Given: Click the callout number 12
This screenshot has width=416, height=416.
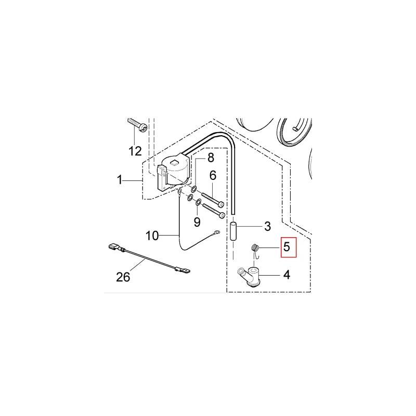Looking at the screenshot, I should pyautogui.click(x=135, y=151).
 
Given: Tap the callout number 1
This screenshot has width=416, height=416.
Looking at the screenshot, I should pyautogui.click(x=120, y=180).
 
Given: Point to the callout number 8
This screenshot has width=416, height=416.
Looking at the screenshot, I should pyautogui.click(x=211, y=157).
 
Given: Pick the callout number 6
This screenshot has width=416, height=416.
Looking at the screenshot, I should pyautogui.click(x=213, y=176).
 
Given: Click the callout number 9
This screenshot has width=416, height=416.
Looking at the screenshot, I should pyautogui.click(x=197, y=222).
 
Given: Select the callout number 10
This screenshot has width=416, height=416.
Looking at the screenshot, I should pyautogui.click(x=152, y=236).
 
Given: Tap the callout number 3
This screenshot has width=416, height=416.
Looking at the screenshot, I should pyautogui.click(x=267, y=227).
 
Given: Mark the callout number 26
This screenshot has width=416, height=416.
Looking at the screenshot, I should pyautogui.click(x=123, y=277).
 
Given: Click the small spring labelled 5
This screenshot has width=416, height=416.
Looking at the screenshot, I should pyautogui.click(x=255, y=249).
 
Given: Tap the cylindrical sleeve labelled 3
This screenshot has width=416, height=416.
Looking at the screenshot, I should pyautogui.click(x=233, y=229).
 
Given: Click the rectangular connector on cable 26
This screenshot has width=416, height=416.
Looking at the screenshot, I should pyautogui.click(x=112, y=248).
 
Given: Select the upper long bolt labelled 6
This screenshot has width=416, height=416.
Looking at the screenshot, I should pyautogui.click(x=211, y=199).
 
